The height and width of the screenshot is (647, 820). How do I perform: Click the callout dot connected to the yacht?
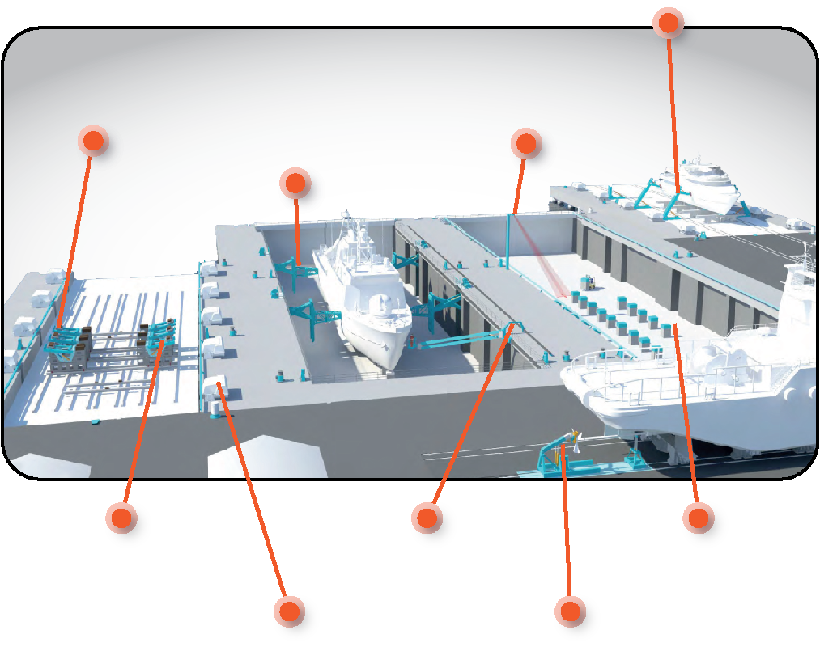[668, 23]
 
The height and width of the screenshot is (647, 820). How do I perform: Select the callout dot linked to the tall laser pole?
[525, 144]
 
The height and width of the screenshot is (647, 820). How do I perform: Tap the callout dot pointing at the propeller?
[570, 611]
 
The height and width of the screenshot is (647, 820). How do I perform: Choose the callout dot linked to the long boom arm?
[427, 517]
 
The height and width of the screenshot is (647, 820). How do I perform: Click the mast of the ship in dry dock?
[347, 222]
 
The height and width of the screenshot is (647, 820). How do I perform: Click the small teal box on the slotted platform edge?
[95, 421]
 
